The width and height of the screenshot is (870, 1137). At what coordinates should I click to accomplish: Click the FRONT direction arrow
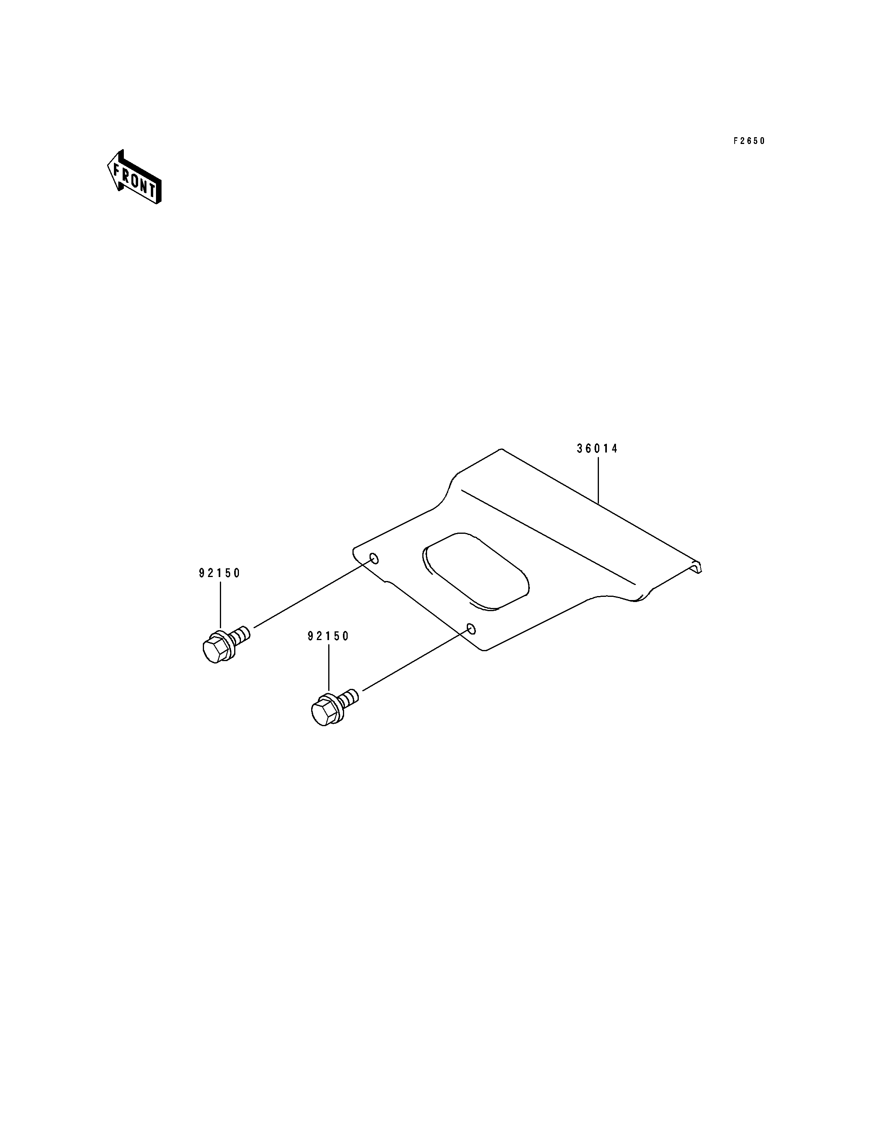coord(134,177)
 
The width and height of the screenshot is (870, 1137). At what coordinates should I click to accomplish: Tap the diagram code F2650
coord(749,141)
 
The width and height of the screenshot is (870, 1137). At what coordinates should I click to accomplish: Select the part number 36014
coord(598,449)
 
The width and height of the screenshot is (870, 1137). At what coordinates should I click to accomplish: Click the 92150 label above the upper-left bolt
coord(219,573)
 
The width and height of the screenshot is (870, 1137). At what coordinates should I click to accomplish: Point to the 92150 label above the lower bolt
coord(328,636)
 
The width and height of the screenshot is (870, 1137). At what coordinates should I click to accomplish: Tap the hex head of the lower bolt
coord(322,714)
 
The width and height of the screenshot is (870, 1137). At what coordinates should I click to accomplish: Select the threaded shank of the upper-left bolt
coord(242,635)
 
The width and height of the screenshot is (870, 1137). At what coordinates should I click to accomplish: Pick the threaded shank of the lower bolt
coord(350,698)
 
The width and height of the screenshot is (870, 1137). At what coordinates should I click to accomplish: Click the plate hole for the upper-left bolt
coord(373,558)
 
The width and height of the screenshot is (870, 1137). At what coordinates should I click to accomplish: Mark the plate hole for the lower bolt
coord(471,629)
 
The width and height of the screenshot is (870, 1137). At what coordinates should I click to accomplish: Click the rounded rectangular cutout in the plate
coord(476,570)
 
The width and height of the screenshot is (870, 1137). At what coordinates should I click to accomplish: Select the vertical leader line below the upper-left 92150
coord(221,606)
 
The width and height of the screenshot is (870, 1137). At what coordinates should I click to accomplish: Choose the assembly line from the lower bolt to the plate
coord(414,661)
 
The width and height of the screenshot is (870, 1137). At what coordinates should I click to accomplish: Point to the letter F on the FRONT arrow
coord(117,169)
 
